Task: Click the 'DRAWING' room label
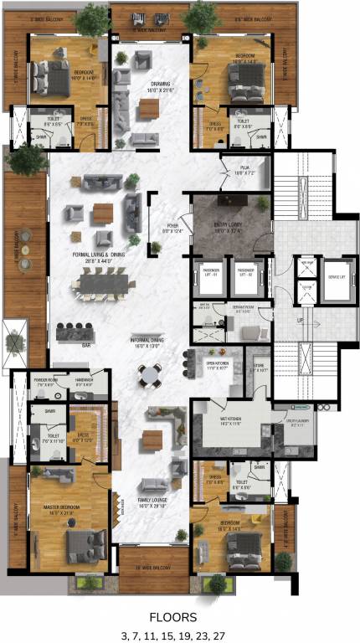[161, 85]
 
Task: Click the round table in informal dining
[149, 377]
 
